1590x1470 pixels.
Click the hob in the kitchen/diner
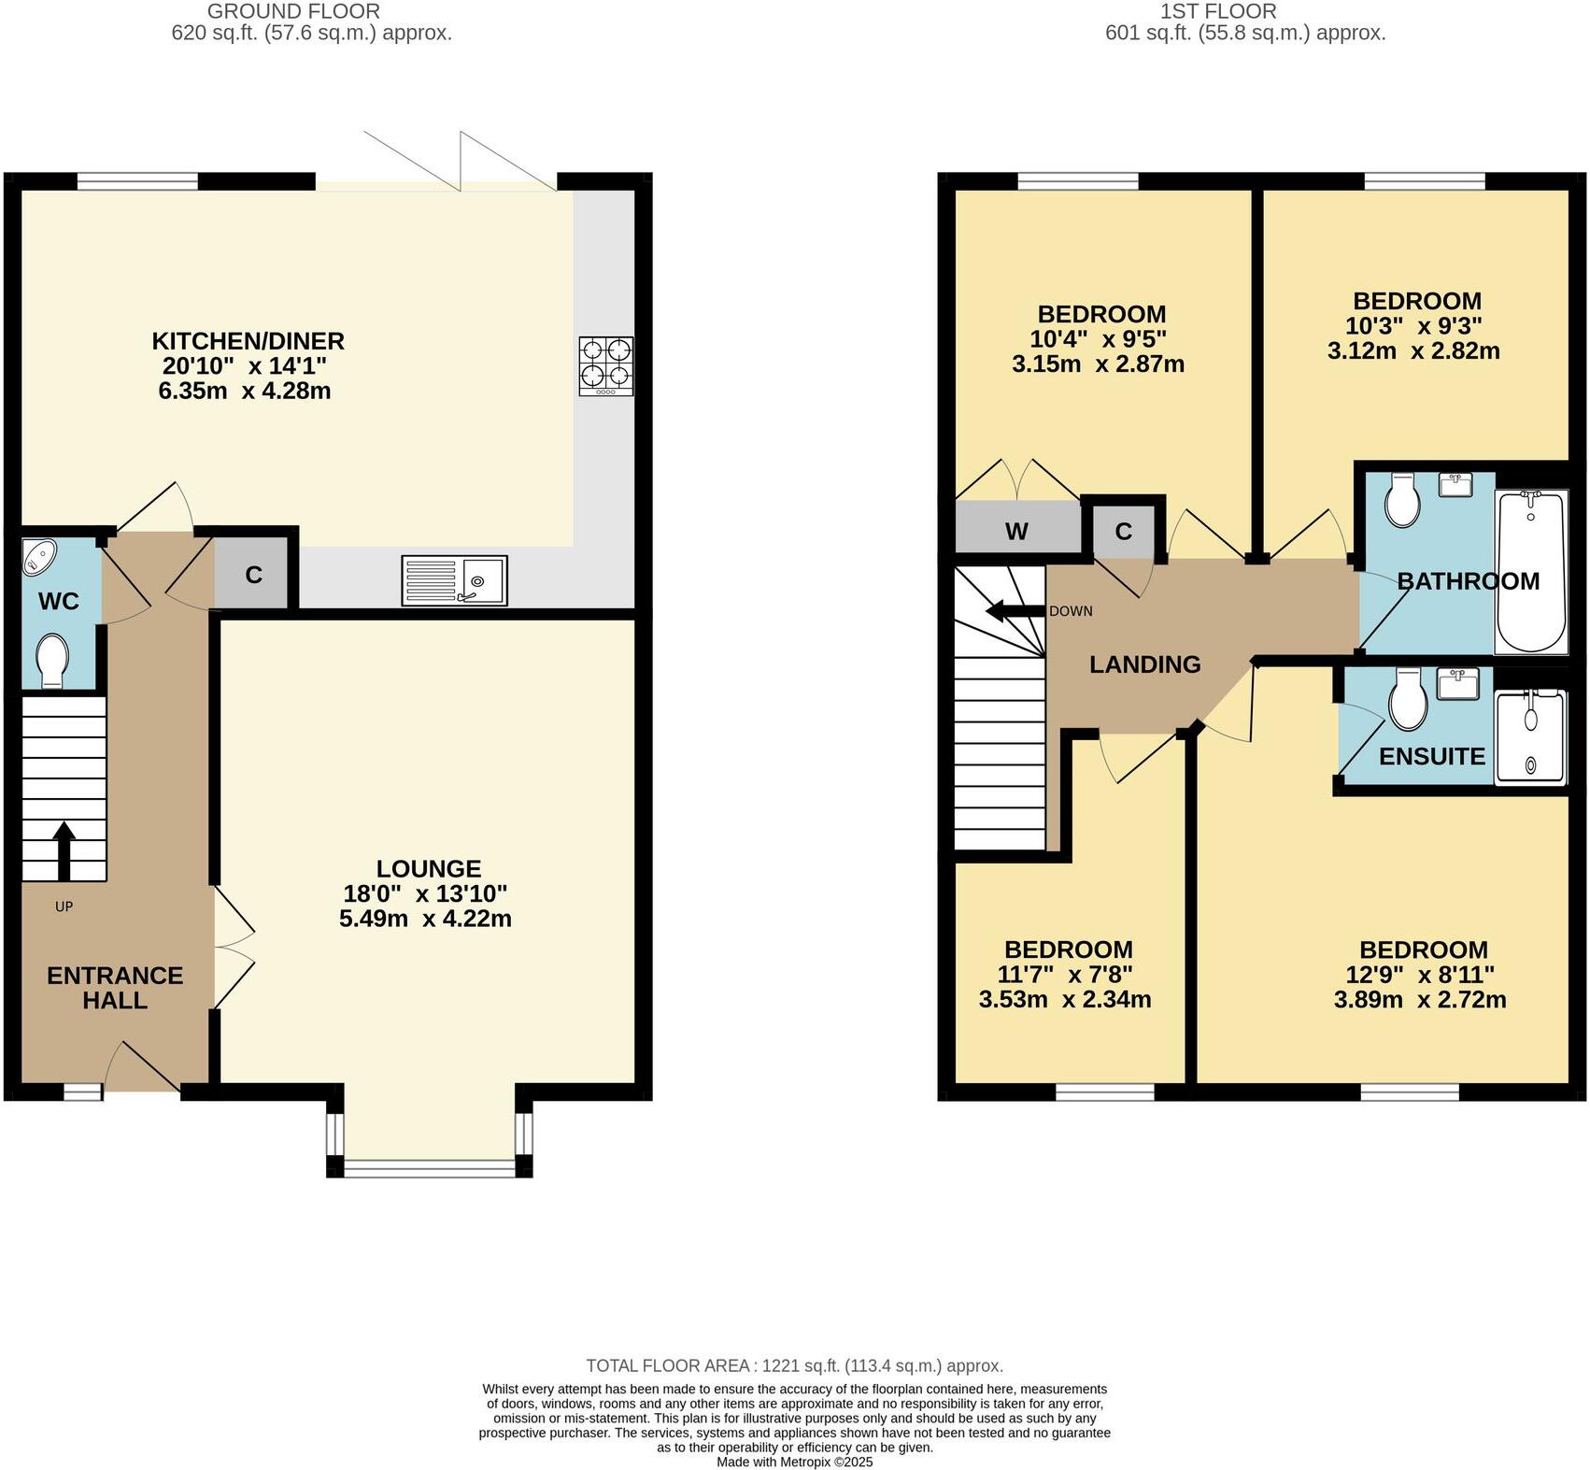tap(606, 366)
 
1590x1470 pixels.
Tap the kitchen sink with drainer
tap(455, 580)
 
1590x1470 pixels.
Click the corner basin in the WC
tap(39, 557)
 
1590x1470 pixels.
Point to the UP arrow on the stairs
tap(64, 851)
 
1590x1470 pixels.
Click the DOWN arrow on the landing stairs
tap(1015, 612)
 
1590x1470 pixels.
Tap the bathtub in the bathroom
tap(1531, 572)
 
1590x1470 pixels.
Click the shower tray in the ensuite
tap(1530, 736)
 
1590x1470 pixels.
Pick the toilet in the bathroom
tap(1403, 500)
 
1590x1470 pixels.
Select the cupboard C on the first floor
tap(1124, 531)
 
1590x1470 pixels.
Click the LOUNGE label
tap(429, 869)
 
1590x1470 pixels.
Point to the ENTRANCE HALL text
tap(115, 988)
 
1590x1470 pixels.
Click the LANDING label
tap(1145, 664)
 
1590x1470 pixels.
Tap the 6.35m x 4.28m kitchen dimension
tap(245, 391)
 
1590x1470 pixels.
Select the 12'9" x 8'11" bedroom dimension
tap(1420, 975)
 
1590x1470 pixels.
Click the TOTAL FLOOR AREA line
tap(795, 1365)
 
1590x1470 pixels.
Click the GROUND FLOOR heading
tap(293, 11)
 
